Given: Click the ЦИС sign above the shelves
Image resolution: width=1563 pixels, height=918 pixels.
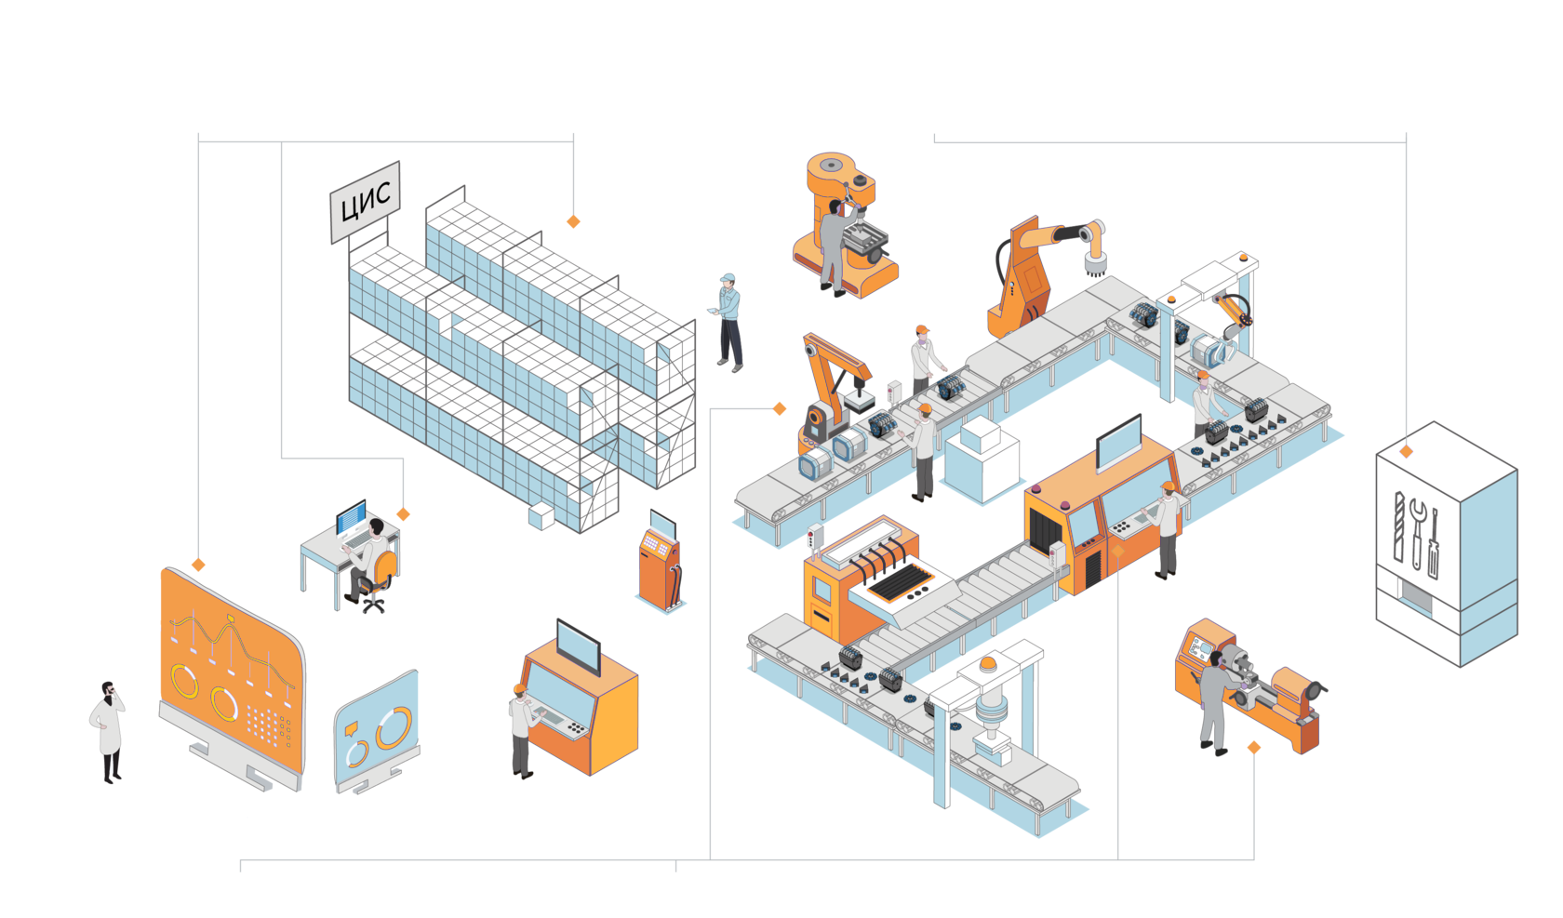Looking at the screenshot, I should coord(366,201).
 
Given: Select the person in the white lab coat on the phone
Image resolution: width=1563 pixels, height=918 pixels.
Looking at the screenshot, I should coord(109,731).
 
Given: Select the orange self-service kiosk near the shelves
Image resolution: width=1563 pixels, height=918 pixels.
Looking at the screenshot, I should coord(660,562).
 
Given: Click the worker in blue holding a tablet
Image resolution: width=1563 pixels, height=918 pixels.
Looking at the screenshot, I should coord(729,322).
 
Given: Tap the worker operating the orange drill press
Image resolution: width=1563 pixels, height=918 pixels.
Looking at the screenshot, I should coord(833,246).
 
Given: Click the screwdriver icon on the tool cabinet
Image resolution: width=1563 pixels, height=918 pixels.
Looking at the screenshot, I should coord(1434,544).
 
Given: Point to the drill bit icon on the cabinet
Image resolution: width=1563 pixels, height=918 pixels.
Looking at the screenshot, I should coord(1398,526).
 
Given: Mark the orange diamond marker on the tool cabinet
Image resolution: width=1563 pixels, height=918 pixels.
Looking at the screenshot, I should coord(1407,451).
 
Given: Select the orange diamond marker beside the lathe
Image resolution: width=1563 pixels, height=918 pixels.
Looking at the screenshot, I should coord(1254,747).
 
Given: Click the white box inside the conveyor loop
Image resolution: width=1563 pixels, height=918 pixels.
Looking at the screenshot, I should coord(982,456).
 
